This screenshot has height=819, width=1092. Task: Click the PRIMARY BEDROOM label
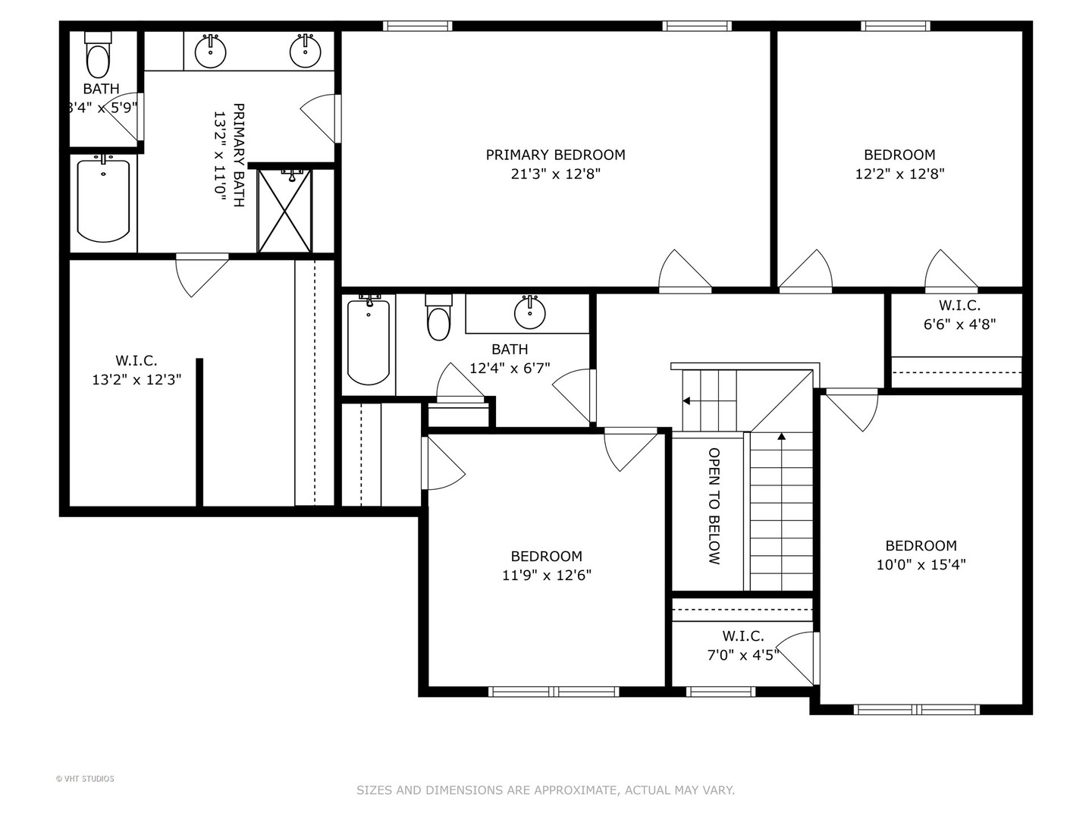(x=555, y=155)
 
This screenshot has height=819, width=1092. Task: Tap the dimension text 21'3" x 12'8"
(x=555, y=174)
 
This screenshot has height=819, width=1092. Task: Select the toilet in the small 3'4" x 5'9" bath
(x=98, y=58)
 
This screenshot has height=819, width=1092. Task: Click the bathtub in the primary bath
(x=103, y=200)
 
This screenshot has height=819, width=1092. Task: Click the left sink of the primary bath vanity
(x=210, y=51)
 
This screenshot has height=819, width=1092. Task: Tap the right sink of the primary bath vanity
(x=305, y=51)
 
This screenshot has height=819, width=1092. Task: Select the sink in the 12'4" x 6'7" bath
(x=529, y=312)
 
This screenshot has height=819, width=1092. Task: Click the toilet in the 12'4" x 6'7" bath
(x=438, y=318)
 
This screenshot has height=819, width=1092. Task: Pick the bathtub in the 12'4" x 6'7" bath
(x=369, y=341)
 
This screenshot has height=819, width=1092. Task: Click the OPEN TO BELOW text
(x=714, y=506)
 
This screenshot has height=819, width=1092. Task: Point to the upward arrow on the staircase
(x=781, y=438)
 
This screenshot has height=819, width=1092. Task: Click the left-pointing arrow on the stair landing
(x=687, y=400)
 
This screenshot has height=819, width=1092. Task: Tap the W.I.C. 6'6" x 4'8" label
(x=959, y=315)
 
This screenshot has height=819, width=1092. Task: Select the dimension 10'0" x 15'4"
(x=921, y=565)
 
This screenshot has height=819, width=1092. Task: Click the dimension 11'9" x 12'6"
(x=546, y=575)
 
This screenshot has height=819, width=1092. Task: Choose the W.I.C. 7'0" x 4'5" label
(x=742, y=645)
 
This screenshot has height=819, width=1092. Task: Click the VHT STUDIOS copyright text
(x=85, y=779)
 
